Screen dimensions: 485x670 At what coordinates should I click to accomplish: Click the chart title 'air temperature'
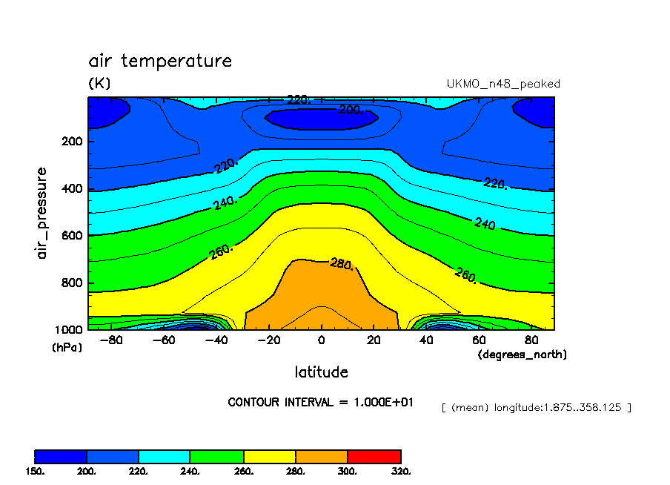pos(160,61)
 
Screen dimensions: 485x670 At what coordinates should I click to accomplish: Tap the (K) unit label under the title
pos(99,84)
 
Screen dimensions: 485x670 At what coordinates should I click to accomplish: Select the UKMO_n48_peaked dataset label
pos(502,84)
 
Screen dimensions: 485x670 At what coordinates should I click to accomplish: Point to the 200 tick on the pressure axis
pos(71,141)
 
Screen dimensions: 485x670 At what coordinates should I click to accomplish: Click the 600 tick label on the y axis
pos(71,236)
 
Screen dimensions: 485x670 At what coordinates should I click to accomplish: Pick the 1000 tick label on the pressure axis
pos(68,330)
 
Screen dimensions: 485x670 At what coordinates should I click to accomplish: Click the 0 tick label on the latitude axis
pos(321,340)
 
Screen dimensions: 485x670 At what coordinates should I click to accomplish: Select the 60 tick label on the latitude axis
pos(479,340)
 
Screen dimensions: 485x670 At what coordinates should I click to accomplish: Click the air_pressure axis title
pos(42,213)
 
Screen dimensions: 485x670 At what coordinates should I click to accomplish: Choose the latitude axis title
pos(321,372)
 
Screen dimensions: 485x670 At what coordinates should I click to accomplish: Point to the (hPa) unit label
pos(66,346)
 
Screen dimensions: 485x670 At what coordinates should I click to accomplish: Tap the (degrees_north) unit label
pos(522,355)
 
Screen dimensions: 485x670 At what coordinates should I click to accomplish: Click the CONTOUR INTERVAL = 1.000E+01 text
pos(321,403)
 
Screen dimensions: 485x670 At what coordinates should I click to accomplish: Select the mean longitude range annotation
pos(536,407)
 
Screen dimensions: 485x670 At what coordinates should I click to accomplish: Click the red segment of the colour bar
pos(374,456)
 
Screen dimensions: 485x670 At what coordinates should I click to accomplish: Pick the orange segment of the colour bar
pos(322,456)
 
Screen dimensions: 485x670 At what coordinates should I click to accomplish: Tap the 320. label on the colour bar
pos(401,471)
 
